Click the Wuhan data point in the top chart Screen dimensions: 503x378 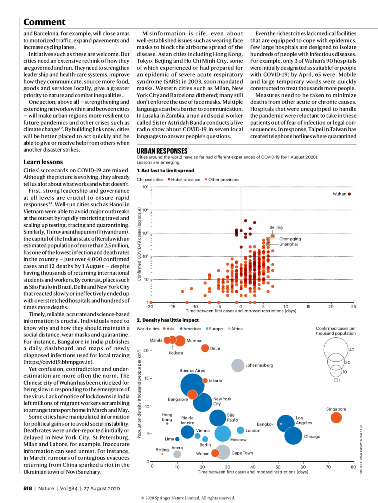[349, 194]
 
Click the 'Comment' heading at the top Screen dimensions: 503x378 [44, 22]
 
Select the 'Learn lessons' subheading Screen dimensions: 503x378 [43, 162]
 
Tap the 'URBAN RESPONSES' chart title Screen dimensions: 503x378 [162, 151]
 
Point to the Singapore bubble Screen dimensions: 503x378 [336, 417]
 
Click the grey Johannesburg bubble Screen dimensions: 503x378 [238, 365]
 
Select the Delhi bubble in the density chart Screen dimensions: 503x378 [205, 348]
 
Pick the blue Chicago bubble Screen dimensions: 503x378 [293, 436]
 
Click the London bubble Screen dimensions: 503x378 [241, 430]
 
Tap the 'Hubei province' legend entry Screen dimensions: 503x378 [185, 179]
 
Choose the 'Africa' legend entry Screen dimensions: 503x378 [236, 329]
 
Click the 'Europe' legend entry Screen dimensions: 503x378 [215, 329]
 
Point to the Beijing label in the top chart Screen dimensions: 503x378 [276, 227]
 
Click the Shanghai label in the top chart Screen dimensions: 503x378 [288, 244]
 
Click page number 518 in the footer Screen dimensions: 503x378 [28, 488]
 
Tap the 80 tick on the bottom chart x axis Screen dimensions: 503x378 [353, 467]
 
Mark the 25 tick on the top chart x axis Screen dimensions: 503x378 [353, 306]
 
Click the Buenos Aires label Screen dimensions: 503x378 [192, 370]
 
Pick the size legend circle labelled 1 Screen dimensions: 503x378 [336, 380]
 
